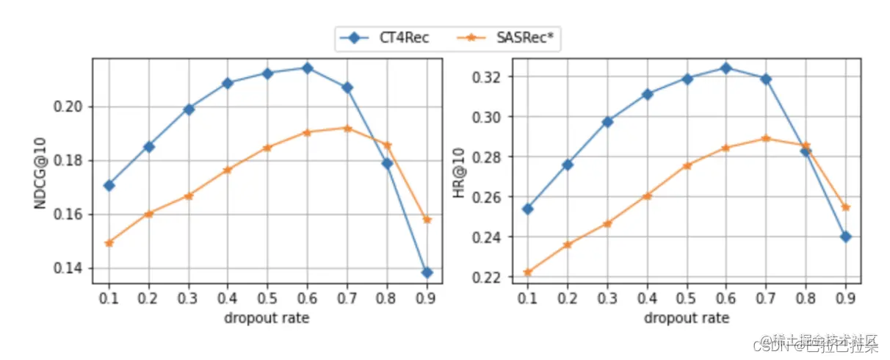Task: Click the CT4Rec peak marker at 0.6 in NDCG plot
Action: pos(308,68)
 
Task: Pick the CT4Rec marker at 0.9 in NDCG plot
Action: pos(427,273)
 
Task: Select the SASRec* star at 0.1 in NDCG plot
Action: pos(109,242)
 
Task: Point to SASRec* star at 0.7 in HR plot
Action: pos(766,138)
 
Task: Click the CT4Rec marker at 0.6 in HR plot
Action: pos(726,68)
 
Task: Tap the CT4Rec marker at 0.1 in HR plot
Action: pos(527,209)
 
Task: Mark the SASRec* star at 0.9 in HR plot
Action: pos(845,207)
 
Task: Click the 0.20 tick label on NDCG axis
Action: pos(72,107)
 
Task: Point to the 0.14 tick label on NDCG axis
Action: pos(72,268)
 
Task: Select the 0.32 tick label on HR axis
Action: pos(489,77)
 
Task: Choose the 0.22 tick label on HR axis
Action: pos(489,278)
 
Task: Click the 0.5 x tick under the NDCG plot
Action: pos(268,298)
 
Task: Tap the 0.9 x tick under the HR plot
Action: pos(845,298)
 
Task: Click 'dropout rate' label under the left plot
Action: pos(267,318)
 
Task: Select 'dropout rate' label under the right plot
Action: pos(686,318)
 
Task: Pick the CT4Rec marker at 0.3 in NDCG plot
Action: pos(189,109)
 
